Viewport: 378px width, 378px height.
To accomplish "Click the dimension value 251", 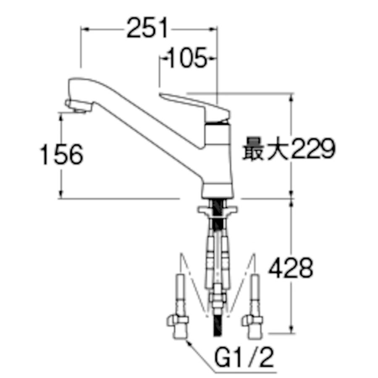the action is (147, 28).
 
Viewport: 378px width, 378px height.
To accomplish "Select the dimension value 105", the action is (187, 58).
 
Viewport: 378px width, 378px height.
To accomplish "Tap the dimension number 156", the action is (62, 154).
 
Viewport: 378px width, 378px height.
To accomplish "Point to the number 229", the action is (313, 149).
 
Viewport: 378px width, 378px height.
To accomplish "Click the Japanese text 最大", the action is (266, 149).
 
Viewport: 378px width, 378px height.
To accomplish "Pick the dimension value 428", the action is (291, 268).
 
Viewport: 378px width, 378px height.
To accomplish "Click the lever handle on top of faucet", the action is (194, 106).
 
